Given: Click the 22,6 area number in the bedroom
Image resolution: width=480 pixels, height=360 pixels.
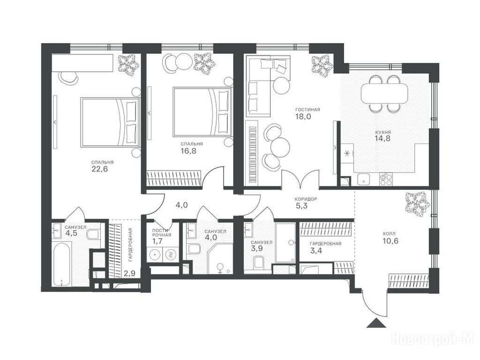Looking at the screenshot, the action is coord(100,169).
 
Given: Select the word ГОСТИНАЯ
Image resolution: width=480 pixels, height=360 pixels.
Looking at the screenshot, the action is coord(307,110).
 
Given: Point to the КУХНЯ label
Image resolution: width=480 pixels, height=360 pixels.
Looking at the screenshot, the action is coord(383,132).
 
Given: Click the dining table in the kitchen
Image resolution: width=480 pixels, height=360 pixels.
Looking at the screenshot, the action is coord(384,94).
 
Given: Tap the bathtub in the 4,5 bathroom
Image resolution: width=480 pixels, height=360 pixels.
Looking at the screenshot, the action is coord(62,264).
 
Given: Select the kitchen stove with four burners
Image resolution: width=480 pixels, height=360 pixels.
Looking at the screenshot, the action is coord(385,179).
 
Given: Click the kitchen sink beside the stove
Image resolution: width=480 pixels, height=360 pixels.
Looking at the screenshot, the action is coord(364,179).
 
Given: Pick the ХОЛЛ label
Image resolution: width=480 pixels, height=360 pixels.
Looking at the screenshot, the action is coord(389,234).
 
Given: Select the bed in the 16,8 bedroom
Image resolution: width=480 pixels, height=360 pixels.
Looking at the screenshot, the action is coord(202,112).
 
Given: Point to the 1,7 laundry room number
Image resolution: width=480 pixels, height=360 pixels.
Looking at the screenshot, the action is coord(157,241).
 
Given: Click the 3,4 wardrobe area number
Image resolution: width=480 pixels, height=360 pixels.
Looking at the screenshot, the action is coord(316,251).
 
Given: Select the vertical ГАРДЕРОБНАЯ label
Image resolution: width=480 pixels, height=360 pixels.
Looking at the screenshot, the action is coord(130,244).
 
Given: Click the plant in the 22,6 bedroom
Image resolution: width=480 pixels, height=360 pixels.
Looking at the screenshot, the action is coord(128,65).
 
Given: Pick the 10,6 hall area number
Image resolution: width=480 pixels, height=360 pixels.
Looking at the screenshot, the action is coord(390,241).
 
